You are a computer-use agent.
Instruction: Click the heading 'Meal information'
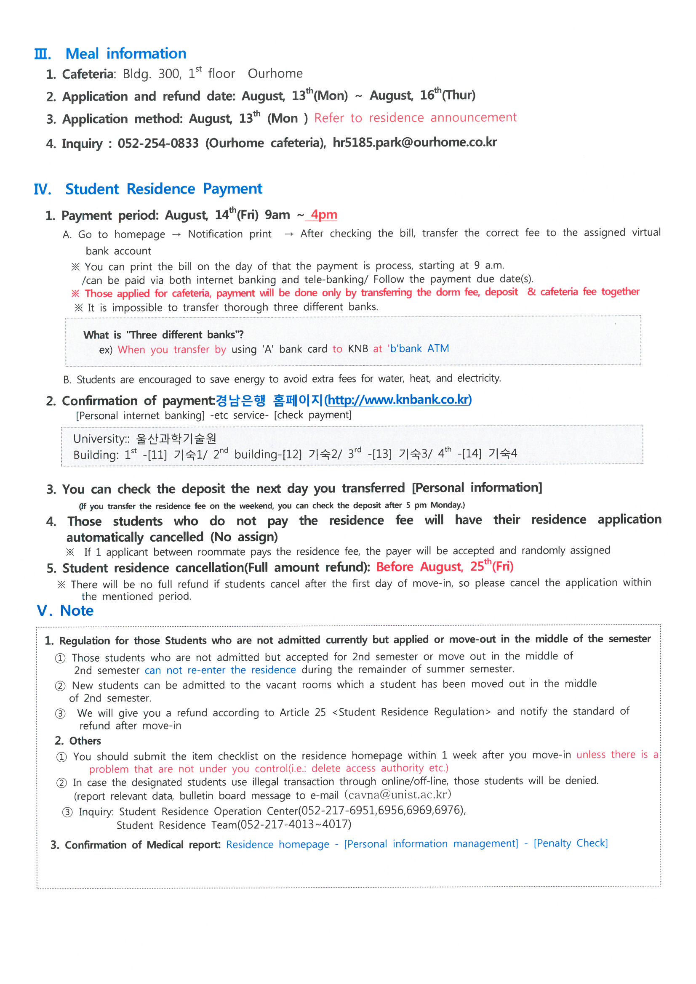125,53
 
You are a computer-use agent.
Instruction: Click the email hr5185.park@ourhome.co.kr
414,142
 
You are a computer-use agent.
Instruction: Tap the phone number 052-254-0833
158,143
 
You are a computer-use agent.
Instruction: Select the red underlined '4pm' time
324,214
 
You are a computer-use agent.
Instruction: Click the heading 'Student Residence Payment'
163,189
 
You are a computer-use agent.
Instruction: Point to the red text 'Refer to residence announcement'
415,117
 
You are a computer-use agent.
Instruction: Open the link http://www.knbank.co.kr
398,399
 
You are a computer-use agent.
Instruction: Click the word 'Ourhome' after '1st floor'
275,74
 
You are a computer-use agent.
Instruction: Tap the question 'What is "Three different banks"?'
163,335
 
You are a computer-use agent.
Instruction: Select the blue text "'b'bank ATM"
418,348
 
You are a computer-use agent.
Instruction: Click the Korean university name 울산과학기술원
176,439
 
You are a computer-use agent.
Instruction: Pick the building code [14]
469,453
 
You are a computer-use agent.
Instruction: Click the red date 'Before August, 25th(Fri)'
444,566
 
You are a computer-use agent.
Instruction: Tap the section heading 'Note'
77,610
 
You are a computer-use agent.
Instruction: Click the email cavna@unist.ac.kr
397,795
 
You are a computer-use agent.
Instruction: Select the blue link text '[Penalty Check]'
571,843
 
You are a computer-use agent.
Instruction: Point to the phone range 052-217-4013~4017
294,824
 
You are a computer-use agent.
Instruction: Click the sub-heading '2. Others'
78,741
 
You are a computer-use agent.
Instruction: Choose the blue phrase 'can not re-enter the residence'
220,670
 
